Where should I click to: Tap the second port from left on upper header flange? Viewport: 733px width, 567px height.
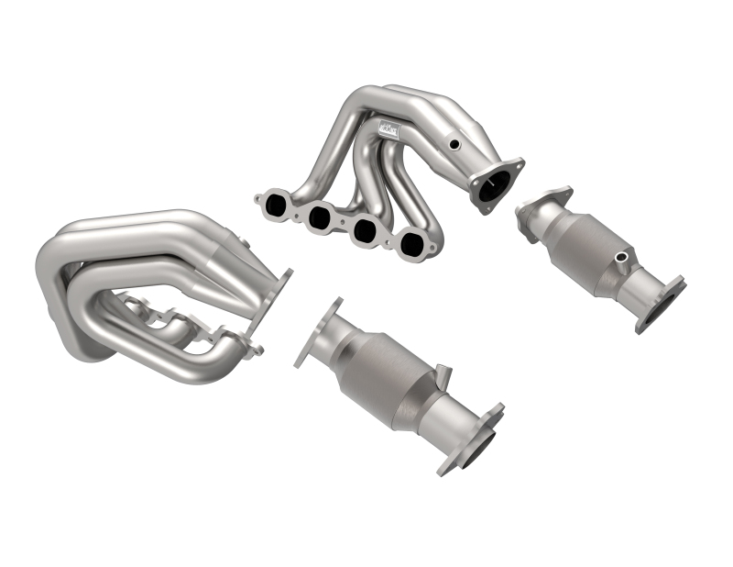pyautogui.click(x=320, y=217)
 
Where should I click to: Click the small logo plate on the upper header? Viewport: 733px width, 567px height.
pyautogui.click(x=389, y=132)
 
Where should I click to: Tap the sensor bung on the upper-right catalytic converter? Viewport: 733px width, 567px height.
pyautogui.click(x=623, y=256)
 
